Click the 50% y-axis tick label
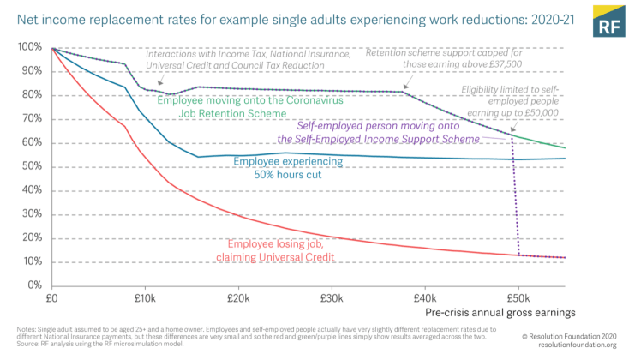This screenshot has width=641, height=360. [x=32, y=166]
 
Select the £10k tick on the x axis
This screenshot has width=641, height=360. [x=144, y=299]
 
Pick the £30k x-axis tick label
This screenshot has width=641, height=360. [x=331, y=299]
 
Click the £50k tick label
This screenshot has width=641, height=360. [x=518, y=299]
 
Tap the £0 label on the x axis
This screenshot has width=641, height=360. [x=51, y=299]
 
